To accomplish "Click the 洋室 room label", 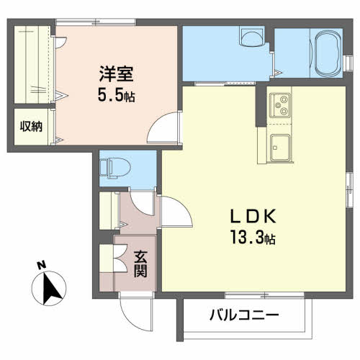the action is tap(117, 73).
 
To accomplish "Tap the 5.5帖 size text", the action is tap(116, 95).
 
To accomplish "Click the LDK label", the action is tap(253, 216).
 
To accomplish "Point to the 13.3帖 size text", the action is tap(253, 237).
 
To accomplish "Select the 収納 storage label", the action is tap(31, 126).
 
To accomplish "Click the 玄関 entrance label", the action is tap(140, 264).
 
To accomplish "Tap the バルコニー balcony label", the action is tap(244, 315).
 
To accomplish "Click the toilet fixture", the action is tap(114, 168).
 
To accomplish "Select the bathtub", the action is tap(328, 54).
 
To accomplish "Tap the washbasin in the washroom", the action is tap(252, 37).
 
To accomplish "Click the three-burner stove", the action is tap(280, 105).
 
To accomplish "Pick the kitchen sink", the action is tap(280, 148).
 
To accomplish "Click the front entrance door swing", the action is tap(136, 312).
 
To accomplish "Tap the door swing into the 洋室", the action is tap(164, 127).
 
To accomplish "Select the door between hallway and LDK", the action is tap(177, 212).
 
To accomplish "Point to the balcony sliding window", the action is tap(264, 295).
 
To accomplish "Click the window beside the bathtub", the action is tap(349, 63).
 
